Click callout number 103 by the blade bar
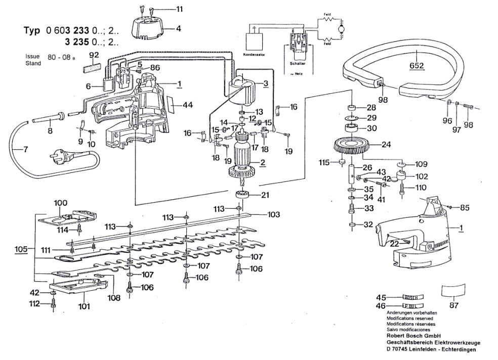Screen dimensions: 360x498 (x=273, y=214)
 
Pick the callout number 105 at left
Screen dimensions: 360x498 (x=21, y=249)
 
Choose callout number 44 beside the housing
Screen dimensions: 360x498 (x=188, y=105)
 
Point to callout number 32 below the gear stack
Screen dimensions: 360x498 (x=368, y=224)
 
